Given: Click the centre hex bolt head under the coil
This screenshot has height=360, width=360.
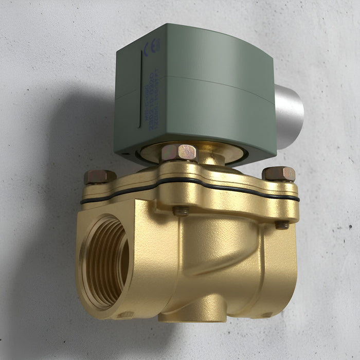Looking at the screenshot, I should pos(179,152).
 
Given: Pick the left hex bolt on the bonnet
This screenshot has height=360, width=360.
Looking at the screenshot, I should pos(100,176).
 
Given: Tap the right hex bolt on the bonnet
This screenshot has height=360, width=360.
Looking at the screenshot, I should pos(279,174).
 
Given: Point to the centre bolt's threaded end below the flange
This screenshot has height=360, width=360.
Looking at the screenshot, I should pos(180,210).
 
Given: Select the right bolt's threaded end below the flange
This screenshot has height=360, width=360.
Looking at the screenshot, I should pos(282,224).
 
